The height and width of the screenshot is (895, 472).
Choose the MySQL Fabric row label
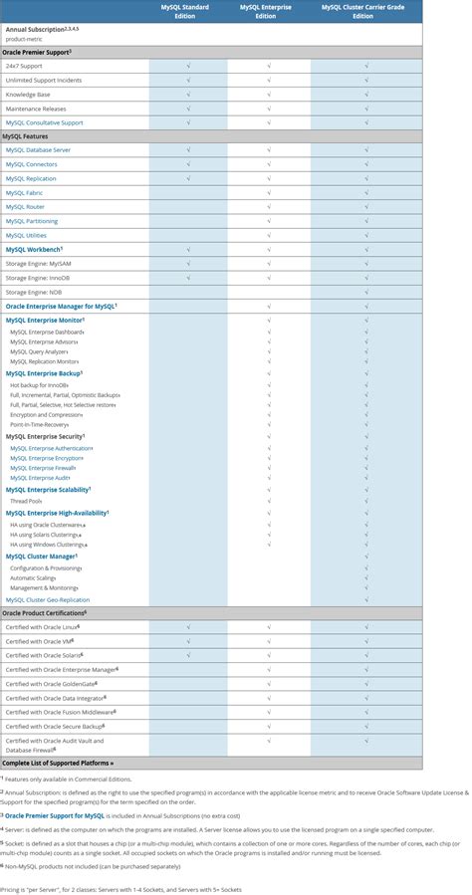click(24, 192)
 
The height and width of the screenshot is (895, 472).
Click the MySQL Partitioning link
click(32, 221)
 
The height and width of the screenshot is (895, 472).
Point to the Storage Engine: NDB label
click(35, 292)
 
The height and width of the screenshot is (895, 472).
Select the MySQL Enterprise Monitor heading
click(44, 321)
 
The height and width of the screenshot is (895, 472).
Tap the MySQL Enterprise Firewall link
click(43, 467)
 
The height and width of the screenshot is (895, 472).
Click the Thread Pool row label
click(26, 501)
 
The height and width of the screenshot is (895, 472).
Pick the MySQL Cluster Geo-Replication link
click(48, 600)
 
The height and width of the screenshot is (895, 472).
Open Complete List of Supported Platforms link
click(58, 763)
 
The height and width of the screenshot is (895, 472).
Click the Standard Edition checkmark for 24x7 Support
click(188, 66)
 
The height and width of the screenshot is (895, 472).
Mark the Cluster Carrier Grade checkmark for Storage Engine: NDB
click(366, 292)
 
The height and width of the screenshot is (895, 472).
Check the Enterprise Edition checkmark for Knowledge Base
click(269, 95)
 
